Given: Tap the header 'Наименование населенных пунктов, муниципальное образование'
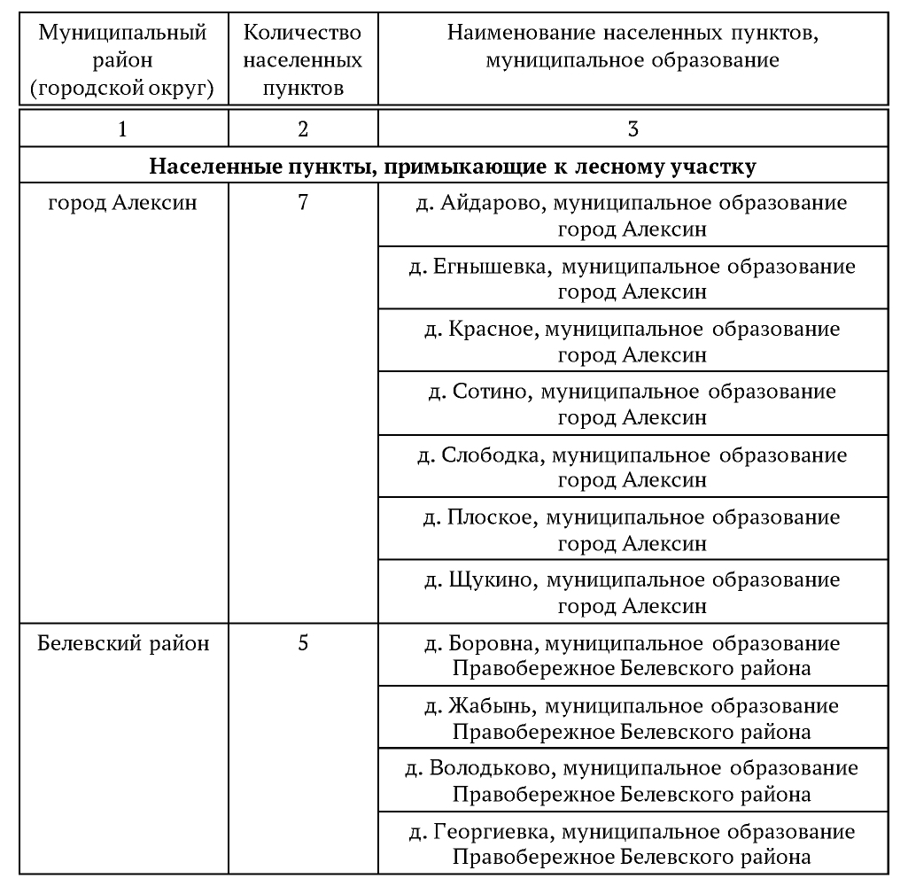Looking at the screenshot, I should (632, 48).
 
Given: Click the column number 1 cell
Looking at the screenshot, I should (122, 128).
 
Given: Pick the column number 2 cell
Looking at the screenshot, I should (303, 128).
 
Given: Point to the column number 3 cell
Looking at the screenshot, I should (632, 128).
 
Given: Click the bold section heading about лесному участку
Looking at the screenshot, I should (453, 166).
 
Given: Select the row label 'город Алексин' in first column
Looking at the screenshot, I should (122, 203).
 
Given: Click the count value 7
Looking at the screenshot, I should (303, 203).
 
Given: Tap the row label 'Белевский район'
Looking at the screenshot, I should (124, 643).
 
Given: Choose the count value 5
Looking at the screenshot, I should (303, 643).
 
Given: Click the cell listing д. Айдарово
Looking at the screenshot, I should (632, 215).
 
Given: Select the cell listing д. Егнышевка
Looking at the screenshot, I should (632, 278).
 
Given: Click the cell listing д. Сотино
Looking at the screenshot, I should (632, 404).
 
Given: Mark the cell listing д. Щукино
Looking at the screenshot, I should (632, 593).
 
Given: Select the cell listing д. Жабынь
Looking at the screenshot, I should (632, 719).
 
